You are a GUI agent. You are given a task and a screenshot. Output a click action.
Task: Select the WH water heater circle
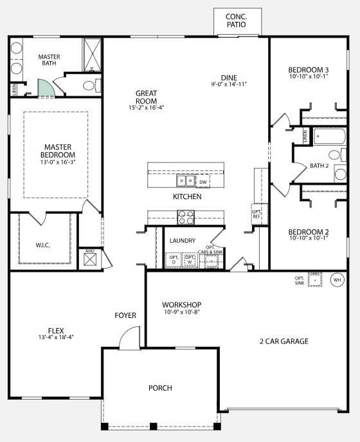click(x=337, y=279)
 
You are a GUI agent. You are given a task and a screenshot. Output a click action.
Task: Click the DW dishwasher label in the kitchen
click(x=203, y=182)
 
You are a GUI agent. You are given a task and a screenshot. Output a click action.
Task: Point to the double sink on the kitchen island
click(x=186, y=181)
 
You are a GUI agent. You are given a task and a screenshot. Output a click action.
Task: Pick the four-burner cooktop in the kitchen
click(x=186, y=217)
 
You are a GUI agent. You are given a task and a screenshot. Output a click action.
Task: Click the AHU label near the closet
click(x=89, y=251)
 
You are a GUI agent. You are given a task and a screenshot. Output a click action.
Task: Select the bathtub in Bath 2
click(x=330, y=137)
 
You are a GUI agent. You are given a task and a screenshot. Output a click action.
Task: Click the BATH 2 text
click(x=319, y=166)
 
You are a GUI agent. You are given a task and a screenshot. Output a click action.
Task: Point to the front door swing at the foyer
click(x=130, y=338)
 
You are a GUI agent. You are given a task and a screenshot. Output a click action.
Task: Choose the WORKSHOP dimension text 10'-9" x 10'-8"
click(x=181, y=313)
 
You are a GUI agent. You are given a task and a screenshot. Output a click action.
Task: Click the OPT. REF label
click(x=256, y=213)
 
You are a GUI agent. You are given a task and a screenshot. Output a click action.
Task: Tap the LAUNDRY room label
click(x=183, y=241)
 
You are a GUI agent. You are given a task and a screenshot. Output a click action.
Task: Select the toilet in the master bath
click(x=90, y=85)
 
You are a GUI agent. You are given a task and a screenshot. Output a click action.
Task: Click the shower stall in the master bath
click(x=92, y=54)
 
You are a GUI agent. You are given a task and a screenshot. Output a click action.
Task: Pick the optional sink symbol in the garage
click(x=315, y=279)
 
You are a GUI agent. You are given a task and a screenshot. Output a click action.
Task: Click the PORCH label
click(x=160, y=387)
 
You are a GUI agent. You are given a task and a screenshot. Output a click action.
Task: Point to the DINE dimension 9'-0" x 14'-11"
click(x=229, y=84)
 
